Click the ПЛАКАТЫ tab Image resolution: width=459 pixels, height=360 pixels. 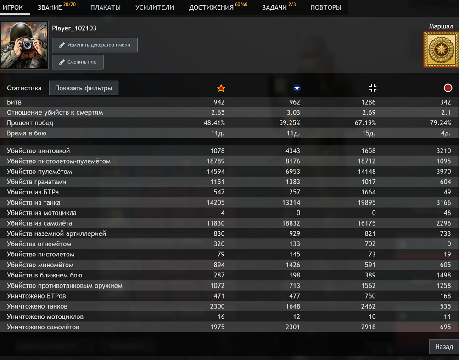pos(105,7)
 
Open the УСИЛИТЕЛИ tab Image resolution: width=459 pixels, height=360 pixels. pos(155,7)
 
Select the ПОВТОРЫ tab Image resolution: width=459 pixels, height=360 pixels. pos(325,7)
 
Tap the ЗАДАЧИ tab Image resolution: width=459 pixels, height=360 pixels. pos(274,7)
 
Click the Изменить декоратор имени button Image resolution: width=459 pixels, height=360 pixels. pos(95,45)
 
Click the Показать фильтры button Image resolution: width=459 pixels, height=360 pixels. pos(84,88)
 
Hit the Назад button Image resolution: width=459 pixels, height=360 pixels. pos(444,347)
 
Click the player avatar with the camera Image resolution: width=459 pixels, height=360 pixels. pos(24,45)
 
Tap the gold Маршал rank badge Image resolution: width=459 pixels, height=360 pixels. pos(441,49)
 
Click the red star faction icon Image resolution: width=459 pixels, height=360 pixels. pos(221,88)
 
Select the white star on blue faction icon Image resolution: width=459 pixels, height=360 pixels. pos(297,88)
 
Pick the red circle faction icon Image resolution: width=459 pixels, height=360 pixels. pos(448,88)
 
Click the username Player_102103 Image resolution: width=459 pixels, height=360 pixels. pos(74,28)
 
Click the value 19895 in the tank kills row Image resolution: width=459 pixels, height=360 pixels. pos(366,203)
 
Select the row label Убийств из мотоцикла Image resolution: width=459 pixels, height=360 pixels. pos(42,213)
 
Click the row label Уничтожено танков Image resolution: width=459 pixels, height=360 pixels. pos(37,306)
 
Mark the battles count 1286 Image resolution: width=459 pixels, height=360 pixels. pos(368,102)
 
